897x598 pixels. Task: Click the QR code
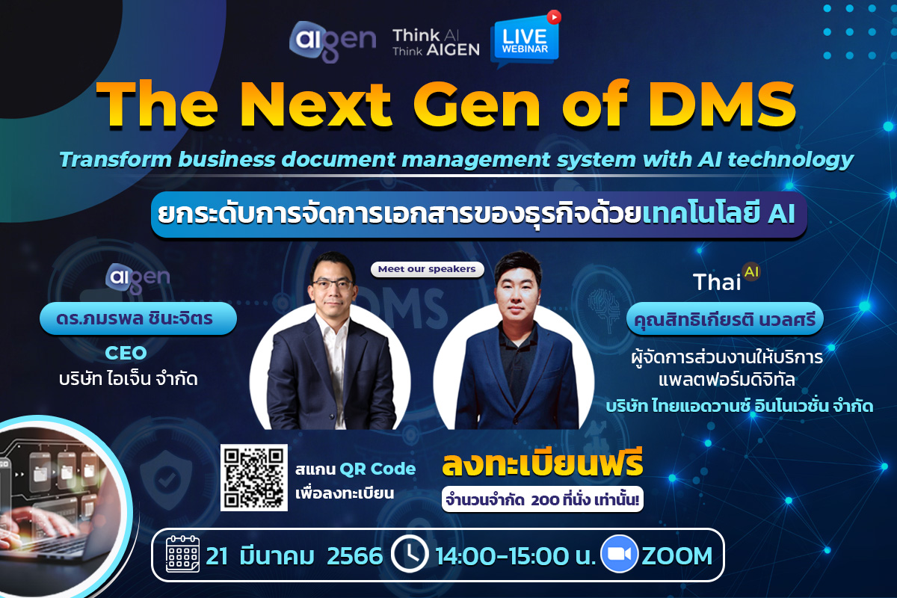coord(254,478)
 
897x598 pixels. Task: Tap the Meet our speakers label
coord(427,269)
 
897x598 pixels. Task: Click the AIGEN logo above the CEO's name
coord(138,277)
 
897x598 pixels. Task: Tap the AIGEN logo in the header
coord(333,42)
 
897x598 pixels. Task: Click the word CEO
coord(125,352)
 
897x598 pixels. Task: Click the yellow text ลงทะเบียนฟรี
coord(542,464)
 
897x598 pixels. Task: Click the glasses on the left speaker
coord(330,285)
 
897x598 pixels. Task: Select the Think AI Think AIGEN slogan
coord(436,42)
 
